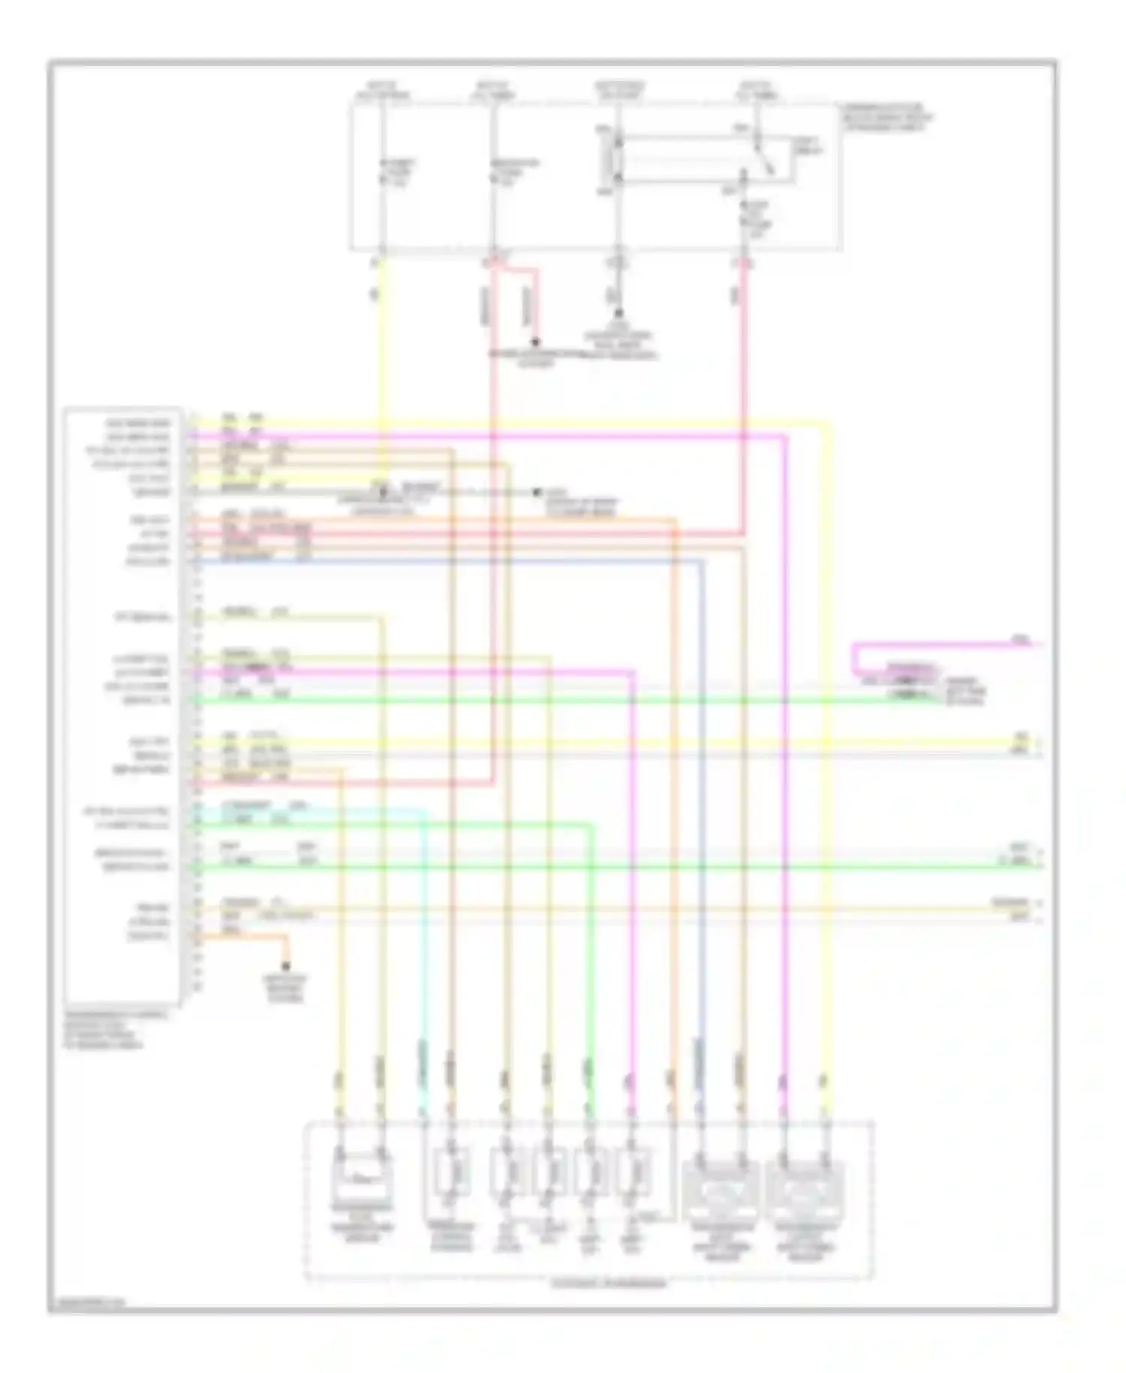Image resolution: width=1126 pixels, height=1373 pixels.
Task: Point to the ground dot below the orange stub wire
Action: point(285,967)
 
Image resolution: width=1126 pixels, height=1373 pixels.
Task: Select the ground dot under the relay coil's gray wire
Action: point(619,312)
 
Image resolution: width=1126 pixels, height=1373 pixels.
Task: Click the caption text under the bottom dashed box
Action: point(608,1284)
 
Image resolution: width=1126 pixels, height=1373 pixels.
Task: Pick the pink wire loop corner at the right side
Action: point(854,646)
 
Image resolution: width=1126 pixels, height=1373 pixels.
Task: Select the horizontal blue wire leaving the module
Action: point(450,560)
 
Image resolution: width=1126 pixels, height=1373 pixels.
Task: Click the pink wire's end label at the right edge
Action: point(1021,640)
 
